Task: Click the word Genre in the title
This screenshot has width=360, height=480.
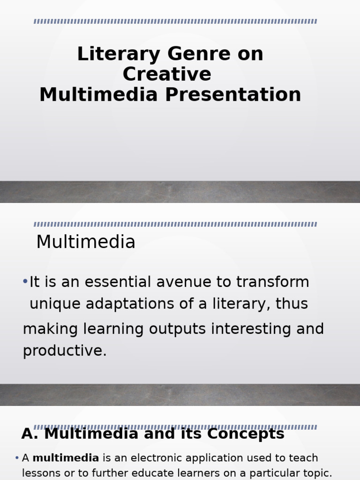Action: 193,54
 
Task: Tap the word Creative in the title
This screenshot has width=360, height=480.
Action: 167,75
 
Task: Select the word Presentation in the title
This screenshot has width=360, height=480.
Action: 233,95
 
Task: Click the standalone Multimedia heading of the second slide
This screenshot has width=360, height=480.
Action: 86,242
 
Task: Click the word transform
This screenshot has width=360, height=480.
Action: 272,282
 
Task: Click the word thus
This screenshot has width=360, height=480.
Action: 292,304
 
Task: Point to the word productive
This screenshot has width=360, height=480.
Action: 65,350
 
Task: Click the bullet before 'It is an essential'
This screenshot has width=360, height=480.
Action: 25,281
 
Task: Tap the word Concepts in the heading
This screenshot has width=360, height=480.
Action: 246,434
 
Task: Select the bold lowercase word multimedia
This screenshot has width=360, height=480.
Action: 66,458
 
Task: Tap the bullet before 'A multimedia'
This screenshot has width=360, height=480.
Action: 17,458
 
